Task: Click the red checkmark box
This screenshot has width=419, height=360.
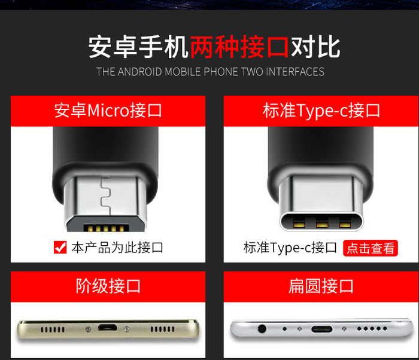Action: pos(60,248)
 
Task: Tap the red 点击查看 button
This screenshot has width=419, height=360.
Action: pos(371,248)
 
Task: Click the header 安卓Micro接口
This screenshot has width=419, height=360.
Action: pos(108,111)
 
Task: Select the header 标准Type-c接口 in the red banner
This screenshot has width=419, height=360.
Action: pos(321,111)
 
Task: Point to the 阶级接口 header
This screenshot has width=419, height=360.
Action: pos(108,286)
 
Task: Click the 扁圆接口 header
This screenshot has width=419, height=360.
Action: pos(321,286)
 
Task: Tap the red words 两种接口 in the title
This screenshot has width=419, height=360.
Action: pos(239,47)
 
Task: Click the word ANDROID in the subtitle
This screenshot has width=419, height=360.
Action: pos(139,72)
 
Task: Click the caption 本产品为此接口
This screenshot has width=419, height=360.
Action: pos(117,248)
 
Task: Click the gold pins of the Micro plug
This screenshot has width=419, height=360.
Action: pos(106,228)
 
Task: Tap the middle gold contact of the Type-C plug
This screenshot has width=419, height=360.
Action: pos(322,224)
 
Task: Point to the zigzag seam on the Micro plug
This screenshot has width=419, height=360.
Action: pos(106,196)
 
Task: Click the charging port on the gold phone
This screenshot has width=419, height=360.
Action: pos(107,328)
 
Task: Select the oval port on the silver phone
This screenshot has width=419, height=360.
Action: pos(322,329)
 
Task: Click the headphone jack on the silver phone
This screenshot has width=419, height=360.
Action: pos(262,328)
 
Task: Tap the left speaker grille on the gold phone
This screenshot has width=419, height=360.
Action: pos(53,330)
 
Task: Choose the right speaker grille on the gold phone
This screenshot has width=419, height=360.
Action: pos(162,330)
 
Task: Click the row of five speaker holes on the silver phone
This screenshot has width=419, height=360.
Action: pos(372,328)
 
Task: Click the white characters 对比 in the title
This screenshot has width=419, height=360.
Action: pos(315,47)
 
